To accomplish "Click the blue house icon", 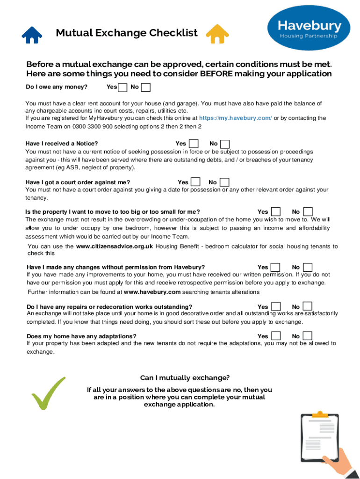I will click(32, 34).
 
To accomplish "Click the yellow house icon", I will click(217, 34).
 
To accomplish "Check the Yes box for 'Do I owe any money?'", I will click(122, 87).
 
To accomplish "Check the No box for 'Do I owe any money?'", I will click(146, 87).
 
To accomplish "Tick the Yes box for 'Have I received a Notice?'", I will click(193, 144).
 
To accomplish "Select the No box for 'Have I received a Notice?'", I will click(225, 144).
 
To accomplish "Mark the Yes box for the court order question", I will click(196, 182).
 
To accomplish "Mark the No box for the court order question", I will click(224, 182).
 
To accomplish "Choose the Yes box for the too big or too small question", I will click(276, 212).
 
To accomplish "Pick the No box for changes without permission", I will click(308, 267).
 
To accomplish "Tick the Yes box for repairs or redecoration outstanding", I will click(276, 306).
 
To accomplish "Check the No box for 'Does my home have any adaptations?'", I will click(308, 336).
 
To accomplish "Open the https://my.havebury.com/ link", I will click(236, 118).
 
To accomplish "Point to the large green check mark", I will click(47, 393).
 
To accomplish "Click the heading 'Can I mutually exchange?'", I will click(185, 378).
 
